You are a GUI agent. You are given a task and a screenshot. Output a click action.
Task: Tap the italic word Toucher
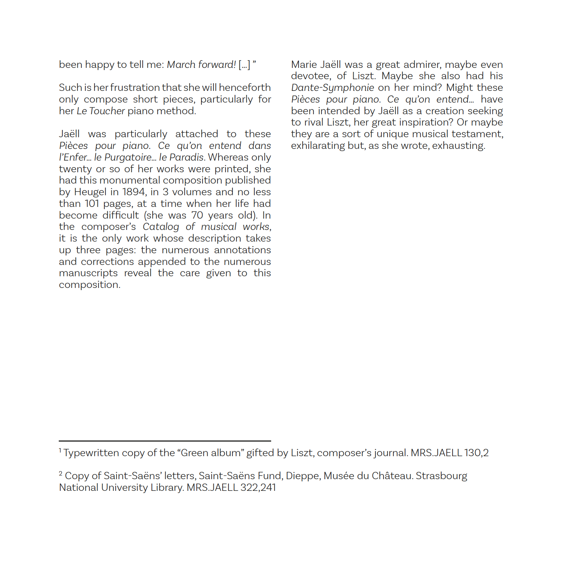(x=107, y=111)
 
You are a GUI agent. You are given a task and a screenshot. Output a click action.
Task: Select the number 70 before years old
(x=197, y=215)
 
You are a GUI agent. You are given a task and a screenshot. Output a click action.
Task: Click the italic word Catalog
(x=161, y=227)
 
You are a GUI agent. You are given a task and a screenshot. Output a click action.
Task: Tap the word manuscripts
(x=88, y=273)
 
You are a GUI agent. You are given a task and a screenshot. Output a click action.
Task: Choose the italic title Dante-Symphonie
(x=332, y=88)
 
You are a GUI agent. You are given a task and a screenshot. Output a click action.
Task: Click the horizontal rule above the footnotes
(x=165, y=441)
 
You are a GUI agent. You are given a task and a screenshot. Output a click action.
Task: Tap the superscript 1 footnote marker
(x=60, y=450)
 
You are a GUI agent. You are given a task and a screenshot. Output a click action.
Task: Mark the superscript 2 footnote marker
(x=61, y=473)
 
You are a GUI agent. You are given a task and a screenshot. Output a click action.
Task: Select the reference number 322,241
(x=258, y=488)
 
